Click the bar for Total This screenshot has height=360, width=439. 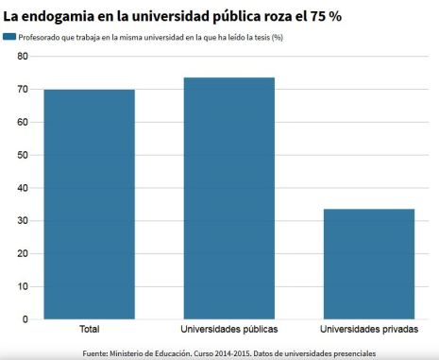click(89, 204)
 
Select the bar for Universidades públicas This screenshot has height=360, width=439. click(228, 198)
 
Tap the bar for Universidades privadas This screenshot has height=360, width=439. click(368, 264)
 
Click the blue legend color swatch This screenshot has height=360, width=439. click(8, 37)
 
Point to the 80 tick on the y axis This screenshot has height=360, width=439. click(22, 57)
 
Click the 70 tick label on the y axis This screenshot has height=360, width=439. click(22, 90)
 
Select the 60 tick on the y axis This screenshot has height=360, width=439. click(22, 122)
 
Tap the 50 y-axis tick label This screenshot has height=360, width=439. click(22, 155)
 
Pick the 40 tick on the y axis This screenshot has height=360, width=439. click(22, 188)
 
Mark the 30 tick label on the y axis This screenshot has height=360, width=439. click(22, 220)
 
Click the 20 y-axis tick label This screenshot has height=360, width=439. click(22, 253)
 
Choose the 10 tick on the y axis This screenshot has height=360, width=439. click(22, 286)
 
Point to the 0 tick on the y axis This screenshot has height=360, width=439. click(25, 319)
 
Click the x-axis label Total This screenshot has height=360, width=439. click(89, 330)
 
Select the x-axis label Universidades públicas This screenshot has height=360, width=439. click(228, 330)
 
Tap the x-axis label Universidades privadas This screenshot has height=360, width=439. click(368, 330)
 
